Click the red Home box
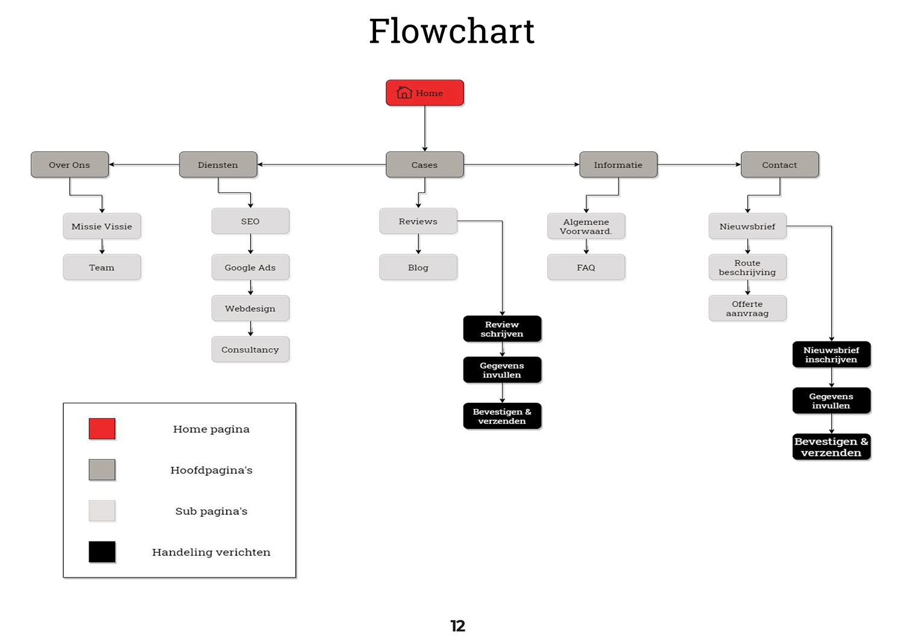(x=425, y=93)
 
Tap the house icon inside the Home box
(x=404, y=93)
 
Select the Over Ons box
(x=70, y=164)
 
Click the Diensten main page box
(x=218, y=164)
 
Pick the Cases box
(x=425, y=164)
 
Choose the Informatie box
(x=618, y=164)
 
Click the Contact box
(x=780, y=164)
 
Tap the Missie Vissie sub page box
(x=102, y=226)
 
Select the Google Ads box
(x=250, y=267)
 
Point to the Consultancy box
(x=250, y=349)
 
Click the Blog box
(x=418, y=267)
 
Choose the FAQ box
(x=586, y=267)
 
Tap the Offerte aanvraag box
(x=747, y=308)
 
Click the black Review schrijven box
(x=502, y=329)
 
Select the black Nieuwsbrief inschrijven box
(x=831, y=355)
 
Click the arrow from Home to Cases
(x=425, y=128)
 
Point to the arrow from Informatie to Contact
(x=699, y=164)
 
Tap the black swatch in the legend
(x=102, y=552)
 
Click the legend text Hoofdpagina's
(x=212, y=470)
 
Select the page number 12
(x=458, y=626)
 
